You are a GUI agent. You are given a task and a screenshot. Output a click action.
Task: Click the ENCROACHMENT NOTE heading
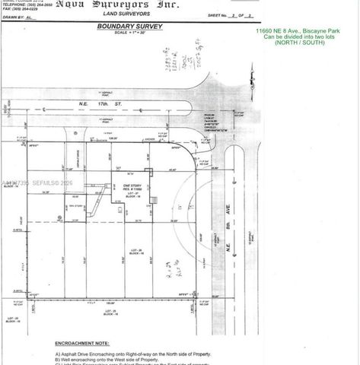(83, 343)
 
